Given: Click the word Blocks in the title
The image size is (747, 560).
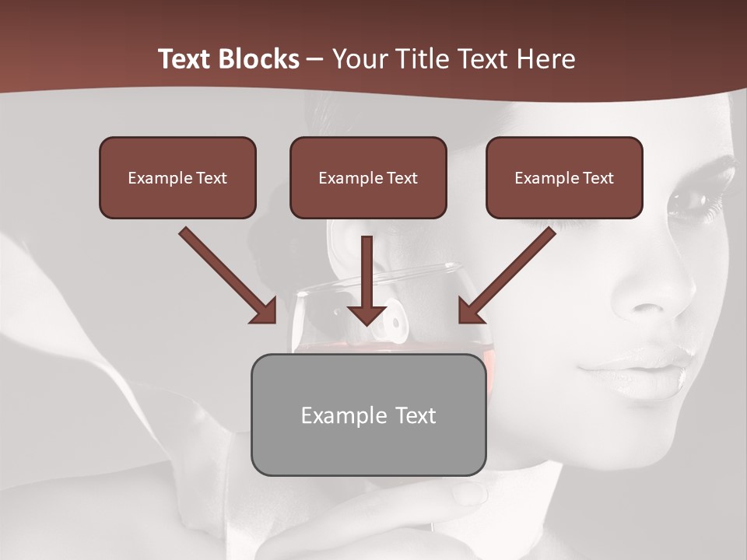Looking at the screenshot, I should point(256,59).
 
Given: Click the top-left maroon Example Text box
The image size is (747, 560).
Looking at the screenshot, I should point(177,177).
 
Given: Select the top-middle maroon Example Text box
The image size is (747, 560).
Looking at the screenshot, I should point(368,177).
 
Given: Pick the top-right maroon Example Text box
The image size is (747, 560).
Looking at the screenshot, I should point(564,177).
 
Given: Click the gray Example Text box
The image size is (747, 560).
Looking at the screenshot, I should point(368,415).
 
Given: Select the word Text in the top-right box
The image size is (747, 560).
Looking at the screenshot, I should point(598,178).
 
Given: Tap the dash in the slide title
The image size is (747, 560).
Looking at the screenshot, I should point(315,59).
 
